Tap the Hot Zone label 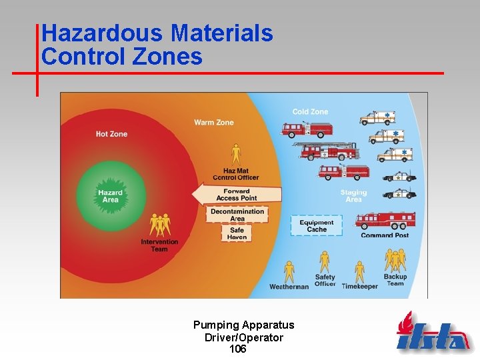tap(111, 134)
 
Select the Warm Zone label tap(214, 123)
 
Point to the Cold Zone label tap(310, 112)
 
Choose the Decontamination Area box tap(237, 215)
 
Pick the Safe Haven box tap(237, 233)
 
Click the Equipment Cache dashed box tap(317, 226)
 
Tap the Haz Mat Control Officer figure tap(235, 154)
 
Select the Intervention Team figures tap(159, 225)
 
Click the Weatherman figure tap(289, 271)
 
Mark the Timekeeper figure tap(359, 271)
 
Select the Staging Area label tap(353, 196)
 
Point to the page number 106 tap(237, 349)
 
